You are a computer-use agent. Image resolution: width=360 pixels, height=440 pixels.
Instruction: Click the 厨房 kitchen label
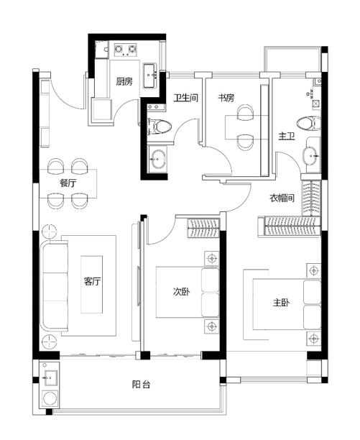[124, 82]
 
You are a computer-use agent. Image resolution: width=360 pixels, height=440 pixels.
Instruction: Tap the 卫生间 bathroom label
[185, 98]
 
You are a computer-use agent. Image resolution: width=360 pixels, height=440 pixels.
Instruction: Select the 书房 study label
[226, 98]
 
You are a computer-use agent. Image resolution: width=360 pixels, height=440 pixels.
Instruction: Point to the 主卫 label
[287, 137]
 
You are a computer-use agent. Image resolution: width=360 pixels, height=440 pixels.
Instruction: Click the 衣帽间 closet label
[282, 198]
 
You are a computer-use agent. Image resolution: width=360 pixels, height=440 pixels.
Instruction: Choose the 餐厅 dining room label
[68, 183]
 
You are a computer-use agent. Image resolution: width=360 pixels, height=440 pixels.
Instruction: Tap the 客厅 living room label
[92, 281]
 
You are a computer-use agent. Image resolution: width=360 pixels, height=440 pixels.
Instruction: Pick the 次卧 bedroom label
[181, 292]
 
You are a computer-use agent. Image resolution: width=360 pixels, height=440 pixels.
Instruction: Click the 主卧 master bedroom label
[281, 303]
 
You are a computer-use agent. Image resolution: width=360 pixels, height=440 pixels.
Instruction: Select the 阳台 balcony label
[141, 384]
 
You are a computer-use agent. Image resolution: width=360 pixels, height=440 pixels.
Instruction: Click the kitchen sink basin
[149, 76]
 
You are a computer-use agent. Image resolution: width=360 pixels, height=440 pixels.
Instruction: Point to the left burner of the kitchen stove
[119, 50]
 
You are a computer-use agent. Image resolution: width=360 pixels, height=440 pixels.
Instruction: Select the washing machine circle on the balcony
[51, 398]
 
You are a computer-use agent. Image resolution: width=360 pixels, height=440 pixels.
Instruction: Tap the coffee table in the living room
[92, 284]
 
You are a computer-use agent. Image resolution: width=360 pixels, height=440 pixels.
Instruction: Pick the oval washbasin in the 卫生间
[157, 159]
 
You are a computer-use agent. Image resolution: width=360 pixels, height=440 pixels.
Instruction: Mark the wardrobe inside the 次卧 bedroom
[203, 229]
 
